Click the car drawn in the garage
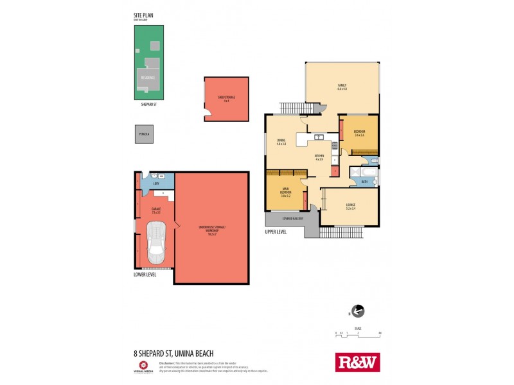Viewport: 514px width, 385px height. coord(156,243)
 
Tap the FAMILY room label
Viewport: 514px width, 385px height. coord(342,87)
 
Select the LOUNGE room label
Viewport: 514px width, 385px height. coord(350,205)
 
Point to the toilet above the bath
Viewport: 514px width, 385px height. coord(374,160)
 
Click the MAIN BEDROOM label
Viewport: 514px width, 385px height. coord(285,191)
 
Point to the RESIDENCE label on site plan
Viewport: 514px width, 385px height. coord(147,77)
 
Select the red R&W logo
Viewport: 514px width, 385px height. coord(358,362)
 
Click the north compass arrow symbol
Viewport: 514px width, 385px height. coord(358,312)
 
